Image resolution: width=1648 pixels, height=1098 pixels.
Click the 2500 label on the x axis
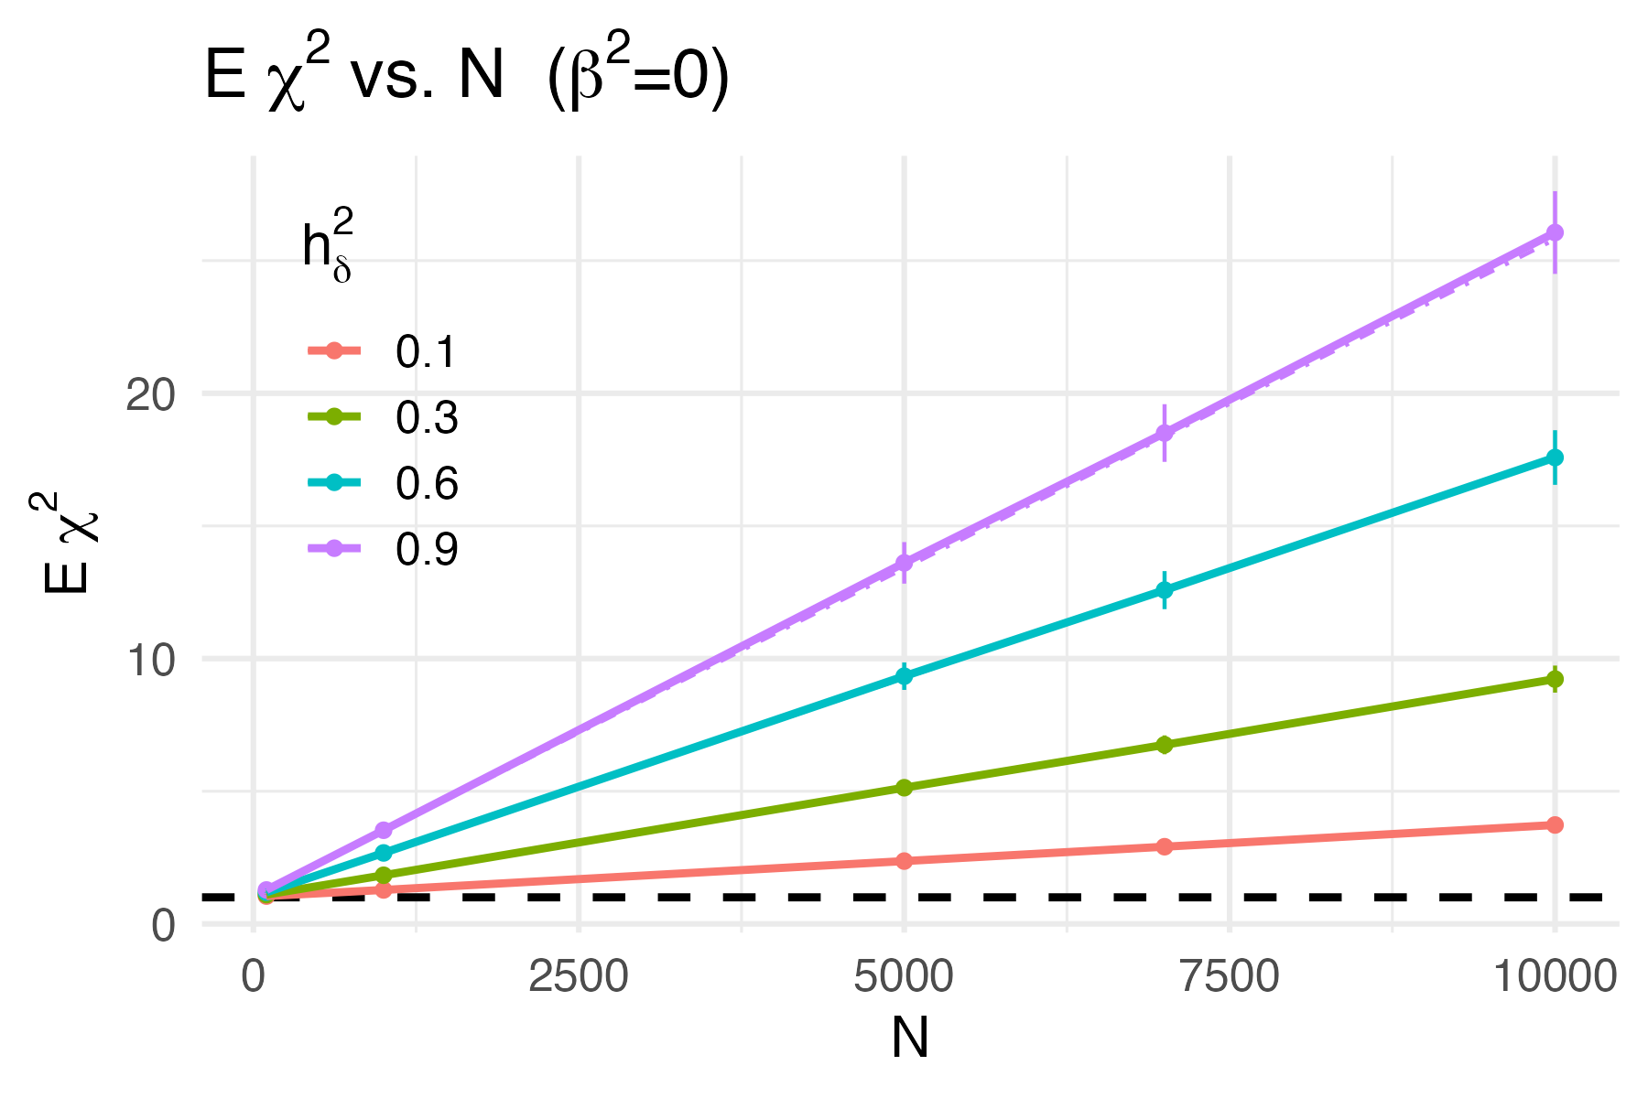point(579,977)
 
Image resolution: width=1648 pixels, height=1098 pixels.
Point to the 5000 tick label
point(904,977)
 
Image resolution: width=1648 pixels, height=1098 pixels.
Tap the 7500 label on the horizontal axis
point(1229,977)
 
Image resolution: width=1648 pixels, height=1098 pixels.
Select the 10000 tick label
point(1554,977)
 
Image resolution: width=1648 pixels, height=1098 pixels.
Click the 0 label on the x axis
point(254,977)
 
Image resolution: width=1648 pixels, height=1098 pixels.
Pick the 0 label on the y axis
point(163,925)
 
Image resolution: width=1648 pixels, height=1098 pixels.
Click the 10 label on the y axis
point(151,660)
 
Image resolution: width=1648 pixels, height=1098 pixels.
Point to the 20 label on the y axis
point(151,395)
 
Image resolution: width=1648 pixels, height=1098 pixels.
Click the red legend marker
point(334,350)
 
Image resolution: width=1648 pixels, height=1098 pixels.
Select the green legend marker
point(334,416)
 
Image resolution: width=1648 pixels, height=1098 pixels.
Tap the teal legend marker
point(334,482)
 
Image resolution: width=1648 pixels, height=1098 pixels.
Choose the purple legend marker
point(334,548)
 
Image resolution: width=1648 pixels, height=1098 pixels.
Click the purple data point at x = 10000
point(1555,232)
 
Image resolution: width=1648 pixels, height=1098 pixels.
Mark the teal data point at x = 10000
point(1555,457)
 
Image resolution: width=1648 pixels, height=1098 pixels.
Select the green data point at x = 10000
point(1555,679)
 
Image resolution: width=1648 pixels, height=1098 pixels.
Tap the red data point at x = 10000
point(1555,825)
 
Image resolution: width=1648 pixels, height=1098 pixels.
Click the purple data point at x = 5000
point(904,562)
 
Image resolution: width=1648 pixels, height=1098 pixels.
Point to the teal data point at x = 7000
point(1164,590)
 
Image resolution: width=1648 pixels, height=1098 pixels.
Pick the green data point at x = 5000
point(904,788)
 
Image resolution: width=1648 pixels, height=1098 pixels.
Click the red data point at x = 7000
point(1164,846)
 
